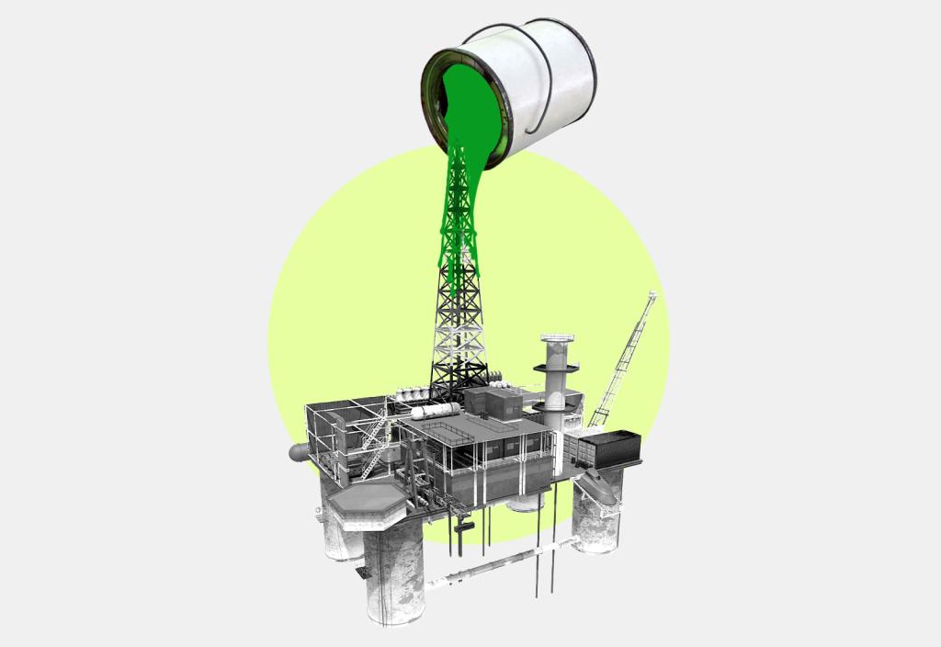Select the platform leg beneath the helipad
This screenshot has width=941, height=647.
[x=392, y=579]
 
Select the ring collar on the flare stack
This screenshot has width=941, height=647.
[x=557, y=369]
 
